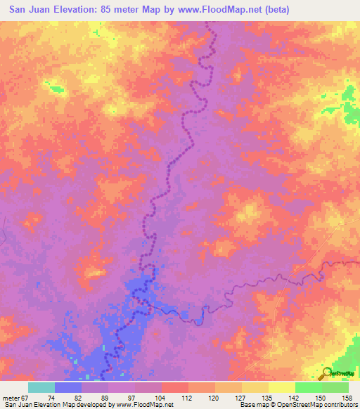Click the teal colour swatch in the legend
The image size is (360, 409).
point(41,387)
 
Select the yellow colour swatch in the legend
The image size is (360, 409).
point(255,387)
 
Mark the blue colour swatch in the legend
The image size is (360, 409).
point(68,387)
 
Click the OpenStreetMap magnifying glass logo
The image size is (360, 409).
point(326,372)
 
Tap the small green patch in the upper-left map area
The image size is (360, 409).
point(53,87)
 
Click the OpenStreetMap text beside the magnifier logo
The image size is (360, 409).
point(345,374)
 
